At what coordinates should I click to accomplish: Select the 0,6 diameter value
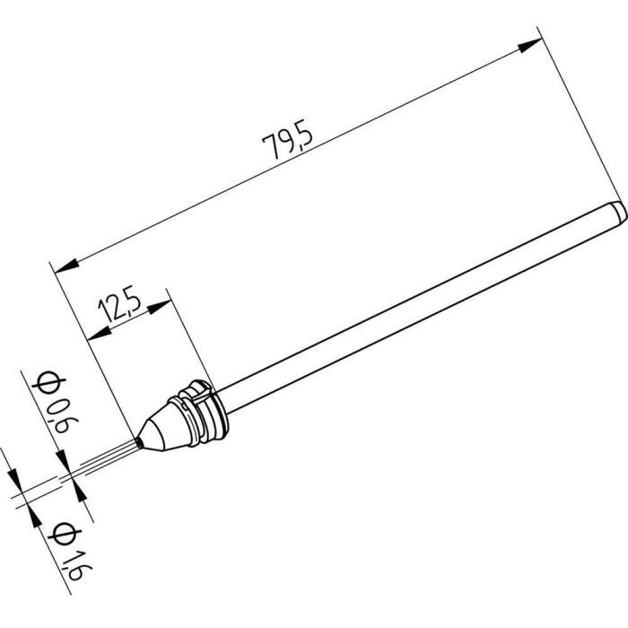tap(58, 419)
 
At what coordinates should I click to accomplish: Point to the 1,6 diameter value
tap(74, 557)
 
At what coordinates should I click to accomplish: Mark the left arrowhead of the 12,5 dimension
tap(99, 334)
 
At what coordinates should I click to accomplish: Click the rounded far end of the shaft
tap(618, 212)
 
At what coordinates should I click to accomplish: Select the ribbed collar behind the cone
tap(202, 409)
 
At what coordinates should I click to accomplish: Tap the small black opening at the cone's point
tap(139, 440)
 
